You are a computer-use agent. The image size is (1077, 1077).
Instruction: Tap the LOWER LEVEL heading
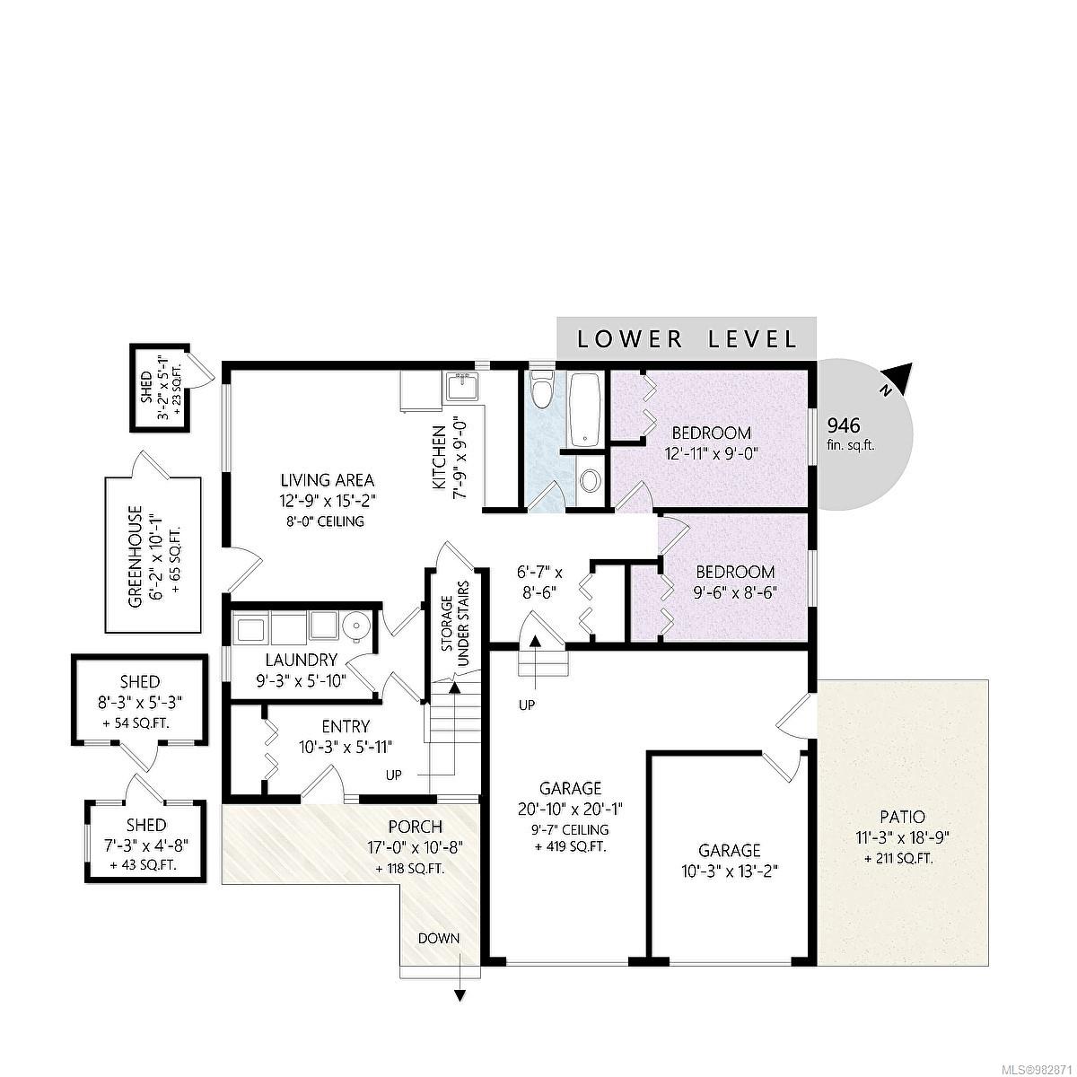click(x=687, y=339)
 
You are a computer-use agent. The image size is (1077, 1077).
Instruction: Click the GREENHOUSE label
click(x=136, y=556)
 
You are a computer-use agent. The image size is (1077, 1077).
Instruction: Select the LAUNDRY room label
click(x=298, y=660)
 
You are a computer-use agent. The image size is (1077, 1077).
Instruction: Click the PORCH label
click(x=415, y=827)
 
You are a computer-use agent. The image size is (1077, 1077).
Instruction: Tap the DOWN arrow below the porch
click(x=460, y=994)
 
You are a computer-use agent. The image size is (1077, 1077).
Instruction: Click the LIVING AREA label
click(x=327, y=480)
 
